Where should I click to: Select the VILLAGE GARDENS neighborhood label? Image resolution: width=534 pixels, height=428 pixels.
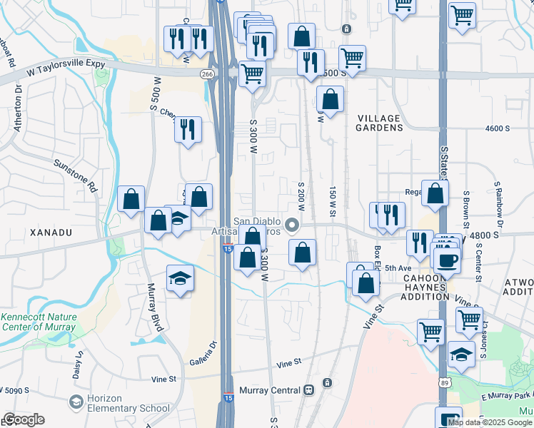[379, 121]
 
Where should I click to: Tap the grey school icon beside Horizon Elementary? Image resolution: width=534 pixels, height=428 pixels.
[75, 404]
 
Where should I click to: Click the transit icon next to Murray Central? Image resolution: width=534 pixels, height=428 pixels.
[309, 390]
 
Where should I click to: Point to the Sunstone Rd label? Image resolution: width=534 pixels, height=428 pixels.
[75, 175]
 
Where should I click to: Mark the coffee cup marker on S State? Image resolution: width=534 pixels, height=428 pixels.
[448, 260]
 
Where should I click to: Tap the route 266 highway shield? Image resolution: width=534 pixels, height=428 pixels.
[207, 74]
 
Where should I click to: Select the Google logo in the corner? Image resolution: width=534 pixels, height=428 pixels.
[24, 419]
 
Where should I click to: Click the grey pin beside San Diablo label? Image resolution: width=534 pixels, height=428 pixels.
[291, 225]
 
